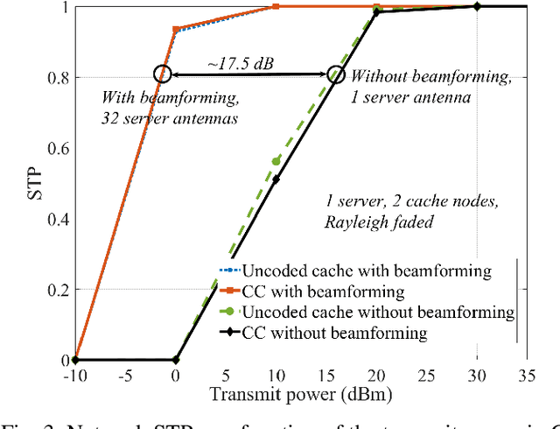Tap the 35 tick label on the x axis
click(527, 376)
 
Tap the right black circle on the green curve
click(336, 75)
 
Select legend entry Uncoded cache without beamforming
click(367, 312)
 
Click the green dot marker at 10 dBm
click(276, 161)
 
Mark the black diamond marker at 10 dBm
click(276, 179)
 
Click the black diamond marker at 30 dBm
click(477, 6)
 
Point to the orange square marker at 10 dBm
click(276, 6)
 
